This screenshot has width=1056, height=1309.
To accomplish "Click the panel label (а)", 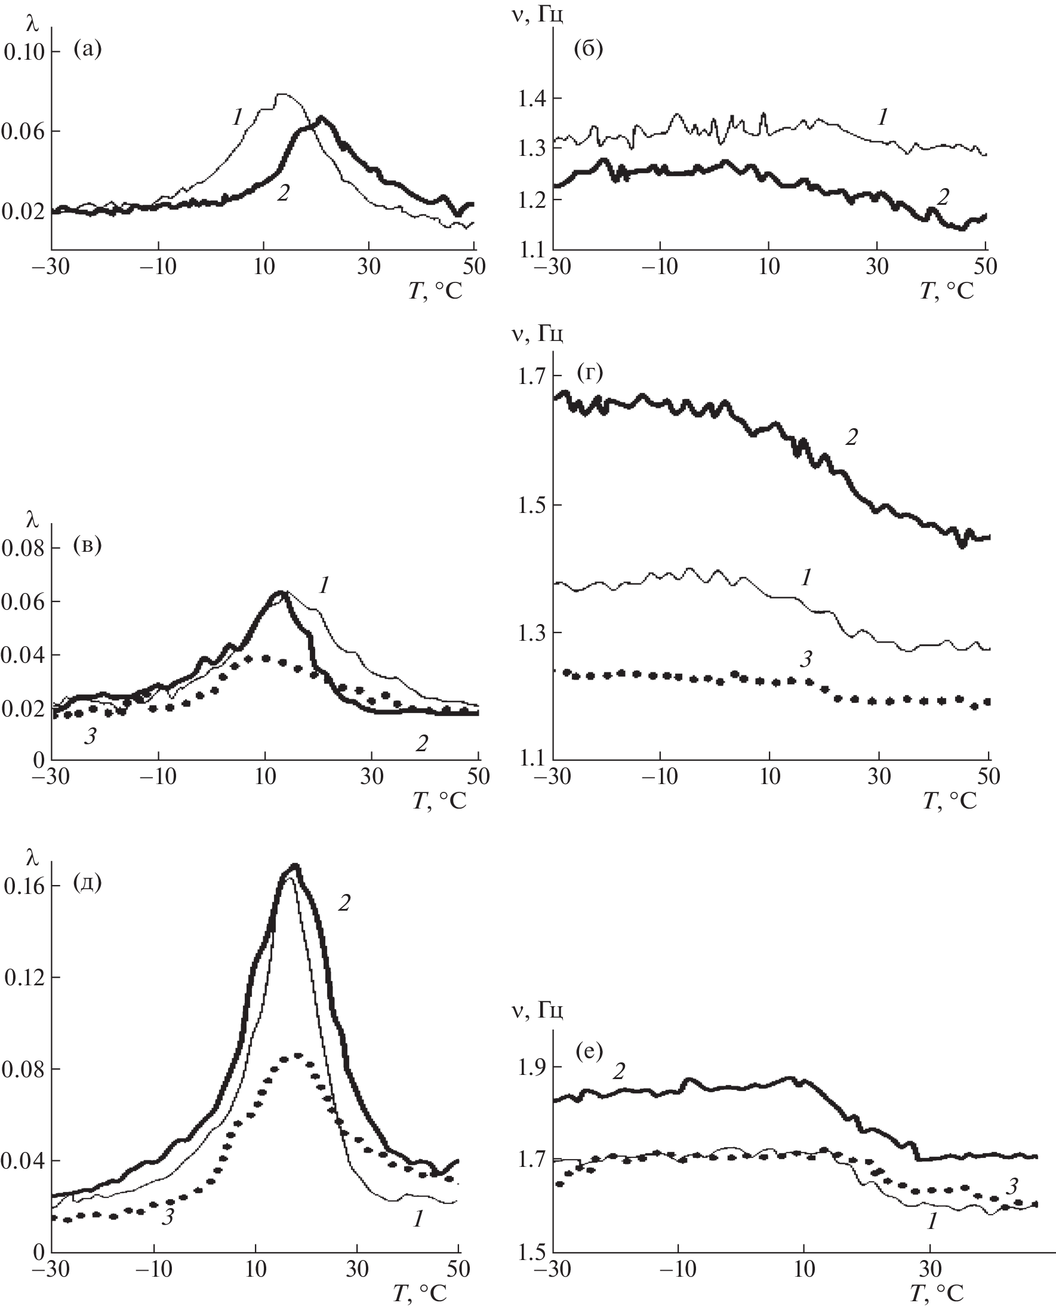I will click(x=87, y=49).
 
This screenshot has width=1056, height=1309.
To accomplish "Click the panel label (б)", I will click(x=588, y=49).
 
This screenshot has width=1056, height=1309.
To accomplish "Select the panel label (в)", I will click(x=87, y=545).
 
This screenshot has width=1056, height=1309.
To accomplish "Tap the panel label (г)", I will click(x=588, y=372).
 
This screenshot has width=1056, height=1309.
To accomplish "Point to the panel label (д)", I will click(x=87, y=883).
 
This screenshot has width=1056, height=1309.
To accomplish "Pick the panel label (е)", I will click(x=588, y=1050).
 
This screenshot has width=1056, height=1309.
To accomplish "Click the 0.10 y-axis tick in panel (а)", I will click(x=24, y=52).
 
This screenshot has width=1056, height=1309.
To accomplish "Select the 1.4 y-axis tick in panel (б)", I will click(x=532, y=98).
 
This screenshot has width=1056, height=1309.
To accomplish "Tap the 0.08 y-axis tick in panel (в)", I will click(x=24, y=548).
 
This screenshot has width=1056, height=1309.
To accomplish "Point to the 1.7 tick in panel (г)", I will click(x=532, y=376).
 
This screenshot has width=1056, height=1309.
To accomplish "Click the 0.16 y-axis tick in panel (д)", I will click(x=24, y=886).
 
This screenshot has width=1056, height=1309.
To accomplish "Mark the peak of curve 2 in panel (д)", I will click(x=295, y=865).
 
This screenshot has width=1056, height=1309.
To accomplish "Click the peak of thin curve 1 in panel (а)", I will click(x=282, y=94).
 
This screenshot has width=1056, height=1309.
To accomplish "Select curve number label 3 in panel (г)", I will click(x=806, y=659).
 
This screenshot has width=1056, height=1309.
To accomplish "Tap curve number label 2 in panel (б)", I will click(x=943, y=196).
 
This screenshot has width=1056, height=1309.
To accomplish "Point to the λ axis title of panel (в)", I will click(x=32, y=519).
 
